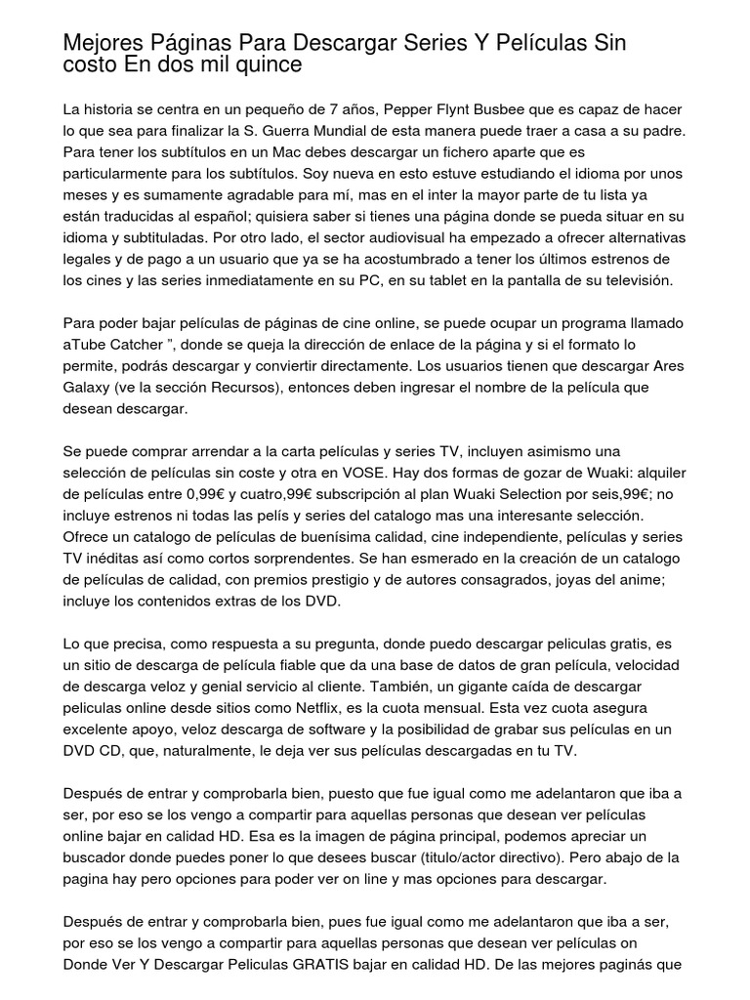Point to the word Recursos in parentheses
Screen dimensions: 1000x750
[x=267, y=388]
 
